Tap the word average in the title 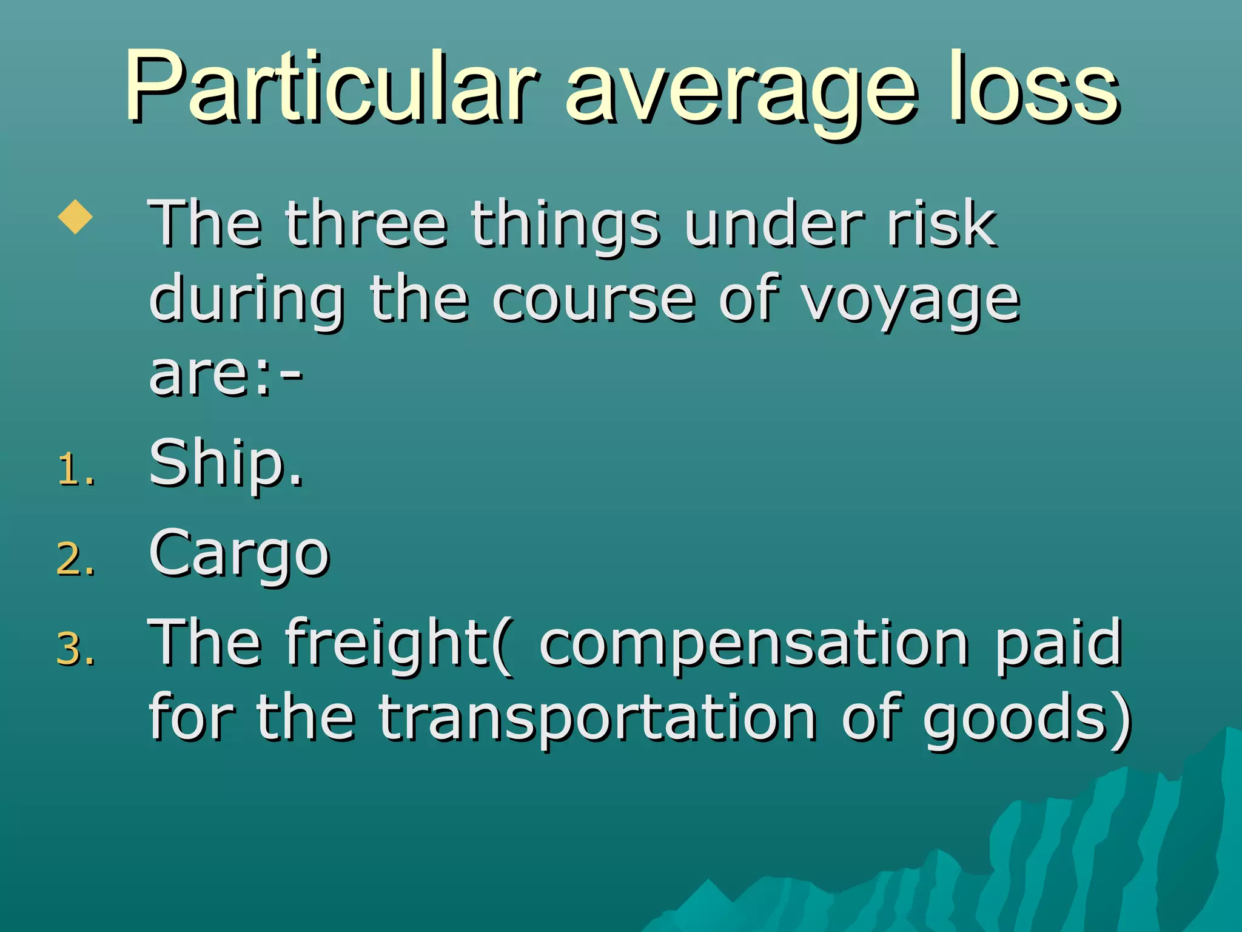click(740, 91)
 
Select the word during click(246, 300)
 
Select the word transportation click(597, 719)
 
